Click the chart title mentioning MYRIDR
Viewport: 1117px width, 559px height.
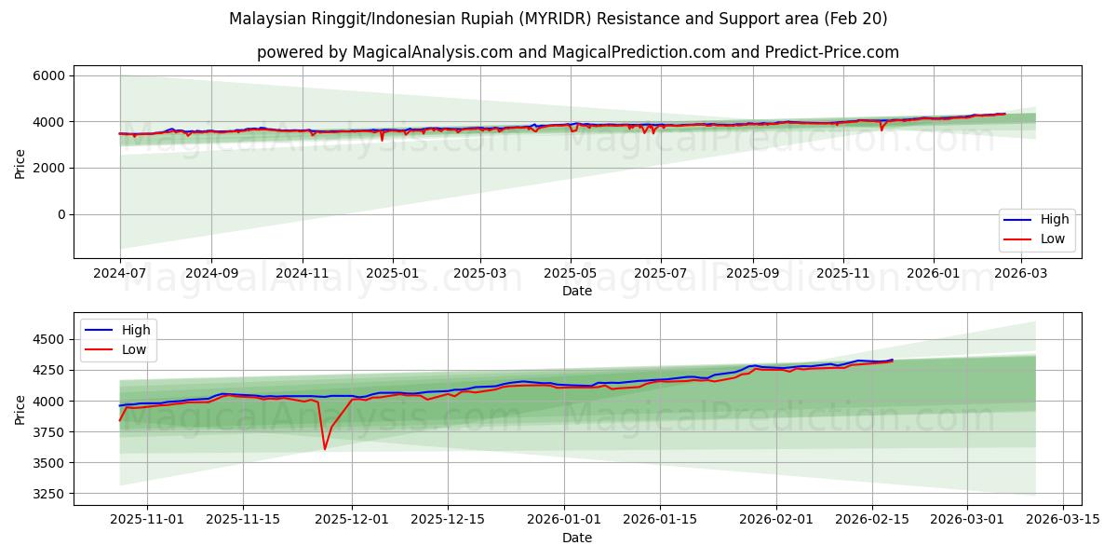tap(558, 19)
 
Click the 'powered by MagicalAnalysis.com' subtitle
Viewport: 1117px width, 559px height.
tap(577, 52)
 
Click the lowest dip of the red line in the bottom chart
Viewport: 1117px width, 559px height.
tap(325, 449)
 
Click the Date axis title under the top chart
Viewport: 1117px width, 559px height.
tap(577, 291)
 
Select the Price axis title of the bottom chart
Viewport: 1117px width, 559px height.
tap(20, 409)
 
